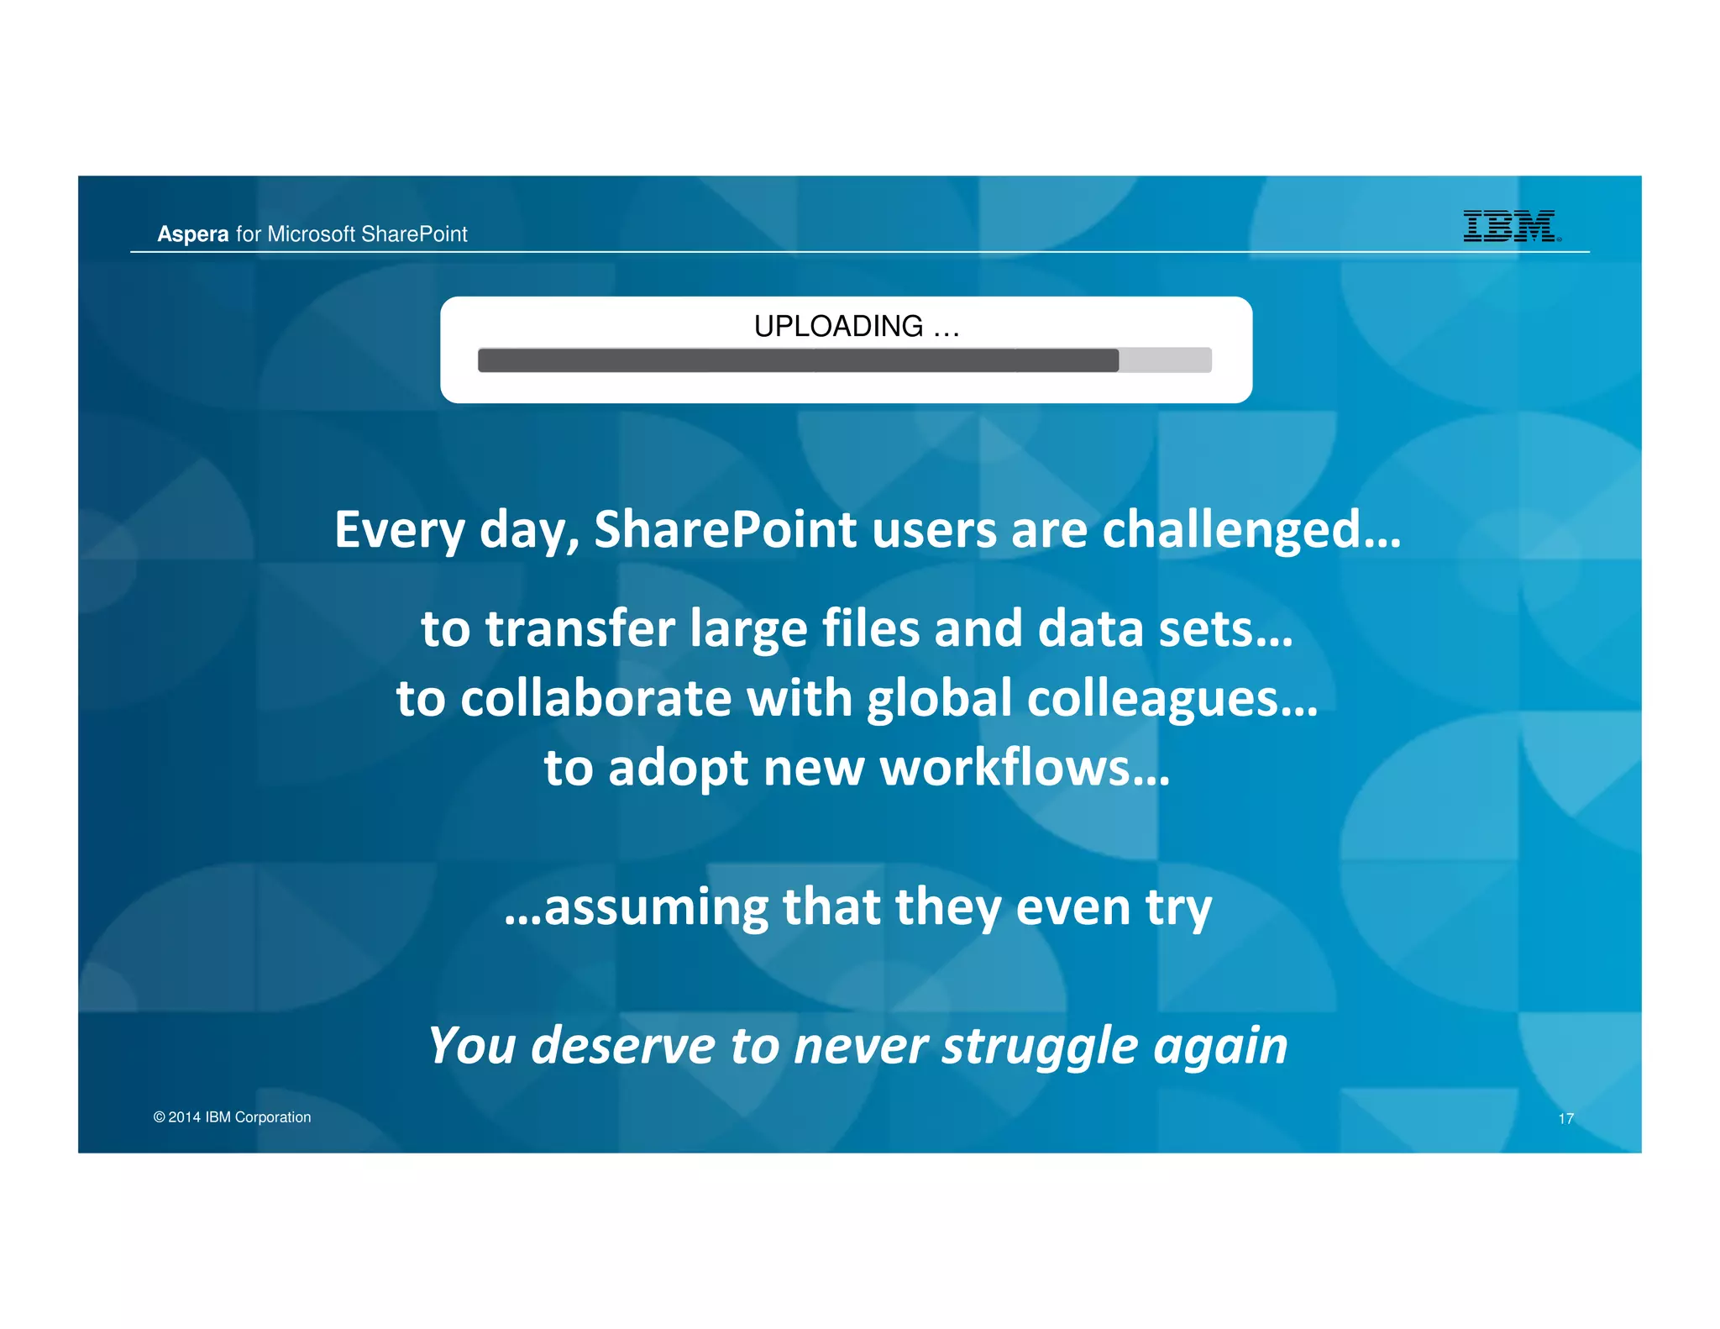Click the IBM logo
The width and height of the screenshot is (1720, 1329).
click(1509, 226)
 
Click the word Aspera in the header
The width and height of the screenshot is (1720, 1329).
click(192, 234)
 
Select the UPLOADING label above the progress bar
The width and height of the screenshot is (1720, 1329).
click(838, 326)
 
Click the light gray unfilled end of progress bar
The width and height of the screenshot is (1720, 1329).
click(1165, 360)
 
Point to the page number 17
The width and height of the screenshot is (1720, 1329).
click(1565, 1118)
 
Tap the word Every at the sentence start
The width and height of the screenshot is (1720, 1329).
click(399, 531)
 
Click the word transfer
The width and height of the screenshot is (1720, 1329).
click(580, 628)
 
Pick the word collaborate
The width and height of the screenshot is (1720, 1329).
click(595, 698)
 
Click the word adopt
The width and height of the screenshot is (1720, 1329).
click(678, 770)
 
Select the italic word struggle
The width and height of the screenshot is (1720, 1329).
click(1040, 1047)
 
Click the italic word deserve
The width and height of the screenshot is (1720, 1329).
click(623, 1045)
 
